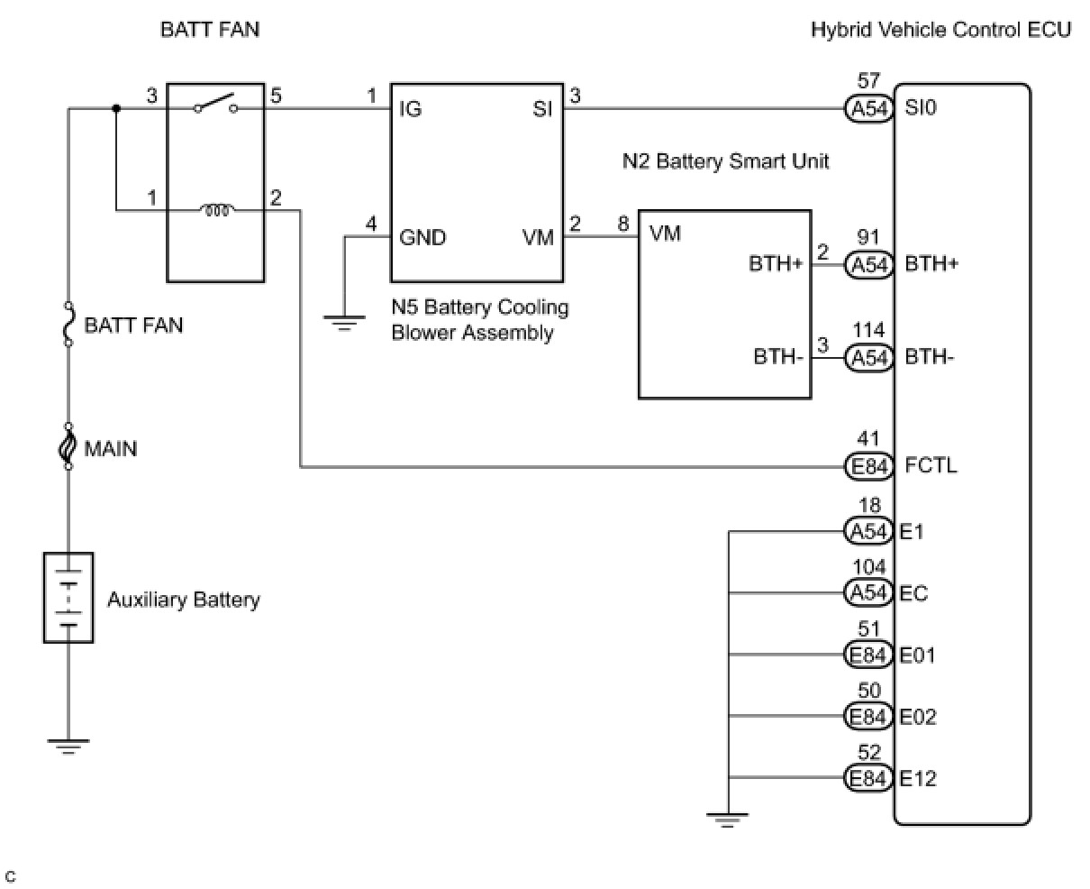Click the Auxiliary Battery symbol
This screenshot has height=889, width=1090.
68,597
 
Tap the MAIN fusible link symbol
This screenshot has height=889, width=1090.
68,447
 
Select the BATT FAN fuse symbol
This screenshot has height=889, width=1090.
68,325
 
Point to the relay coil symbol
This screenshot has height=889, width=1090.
217,211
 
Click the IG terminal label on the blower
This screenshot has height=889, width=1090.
411,110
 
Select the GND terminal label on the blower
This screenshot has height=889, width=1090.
422,237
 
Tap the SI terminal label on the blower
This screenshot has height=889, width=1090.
542,110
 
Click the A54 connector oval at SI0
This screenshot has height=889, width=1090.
869,109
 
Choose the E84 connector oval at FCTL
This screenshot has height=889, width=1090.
869,466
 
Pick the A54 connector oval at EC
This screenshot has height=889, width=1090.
869,593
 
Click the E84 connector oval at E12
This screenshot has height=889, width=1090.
869,778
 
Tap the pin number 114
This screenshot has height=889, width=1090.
869,332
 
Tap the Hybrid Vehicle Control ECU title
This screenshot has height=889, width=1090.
940,30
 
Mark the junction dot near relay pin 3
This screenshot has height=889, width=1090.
115,109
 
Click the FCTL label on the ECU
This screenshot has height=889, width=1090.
931,466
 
